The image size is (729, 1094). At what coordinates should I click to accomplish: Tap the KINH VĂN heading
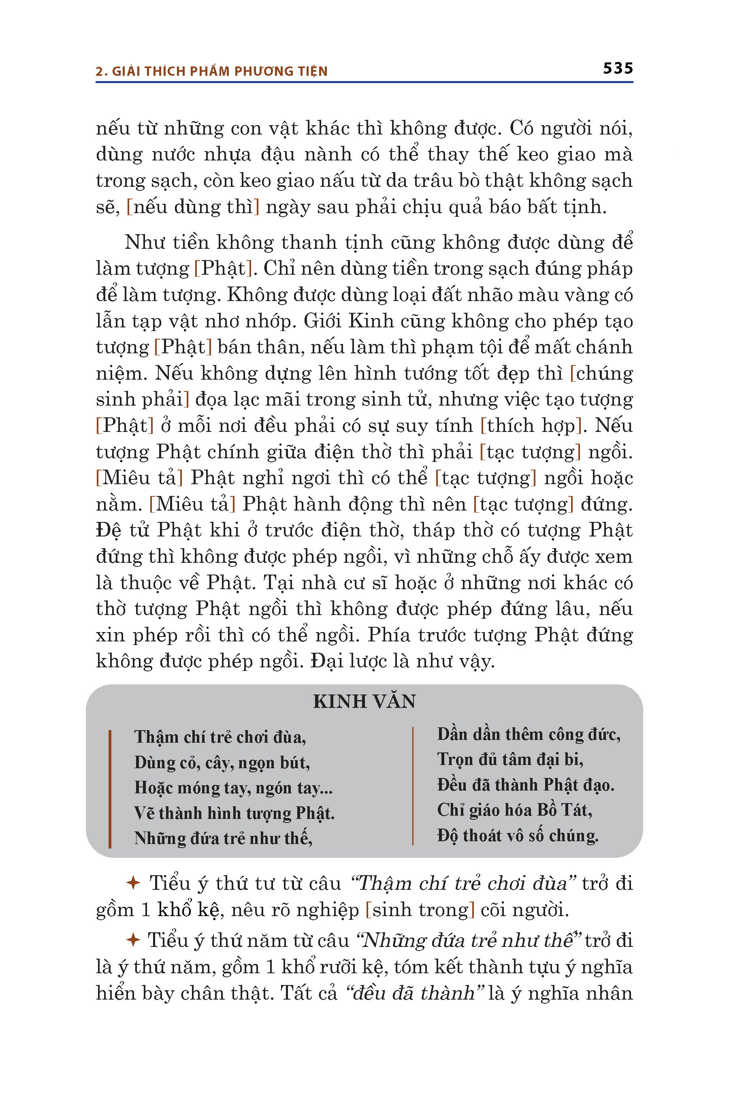(364, 701)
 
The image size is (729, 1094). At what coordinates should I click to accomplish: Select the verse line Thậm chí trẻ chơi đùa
(220, 738)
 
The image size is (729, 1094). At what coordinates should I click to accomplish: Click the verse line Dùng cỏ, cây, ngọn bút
(222, 763)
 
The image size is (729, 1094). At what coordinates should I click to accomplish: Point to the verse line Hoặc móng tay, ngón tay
(233, 788)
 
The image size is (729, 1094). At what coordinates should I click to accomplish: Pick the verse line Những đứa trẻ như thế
(223, 839)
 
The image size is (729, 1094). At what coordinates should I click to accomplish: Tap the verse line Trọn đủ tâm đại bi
(510, 760)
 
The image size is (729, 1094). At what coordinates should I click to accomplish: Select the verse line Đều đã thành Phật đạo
(525, 785)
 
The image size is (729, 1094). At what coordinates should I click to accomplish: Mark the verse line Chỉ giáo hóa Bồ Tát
(514, 811)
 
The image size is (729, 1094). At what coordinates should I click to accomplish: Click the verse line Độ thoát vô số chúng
(518, 836)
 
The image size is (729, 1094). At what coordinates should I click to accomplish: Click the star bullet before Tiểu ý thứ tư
(133, 883)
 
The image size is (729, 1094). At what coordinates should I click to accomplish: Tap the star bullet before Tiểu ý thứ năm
(133, 940)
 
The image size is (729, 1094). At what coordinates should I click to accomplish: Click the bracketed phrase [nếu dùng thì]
(193, 207)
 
